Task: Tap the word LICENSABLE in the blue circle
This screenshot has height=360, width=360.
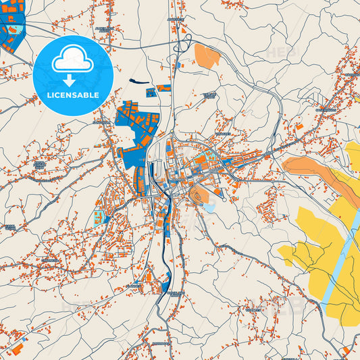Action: pos(72,95)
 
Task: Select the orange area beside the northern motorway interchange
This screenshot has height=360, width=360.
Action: pos(207,55)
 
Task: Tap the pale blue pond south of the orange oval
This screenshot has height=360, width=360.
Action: pos(209,208)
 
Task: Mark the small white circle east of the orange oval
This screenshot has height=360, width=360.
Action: pos(224,200)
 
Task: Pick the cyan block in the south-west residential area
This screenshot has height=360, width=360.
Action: pos(99,217)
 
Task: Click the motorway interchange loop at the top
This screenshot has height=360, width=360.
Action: pos(181,46)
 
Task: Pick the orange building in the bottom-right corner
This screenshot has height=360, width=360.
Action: pos(346,349)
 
